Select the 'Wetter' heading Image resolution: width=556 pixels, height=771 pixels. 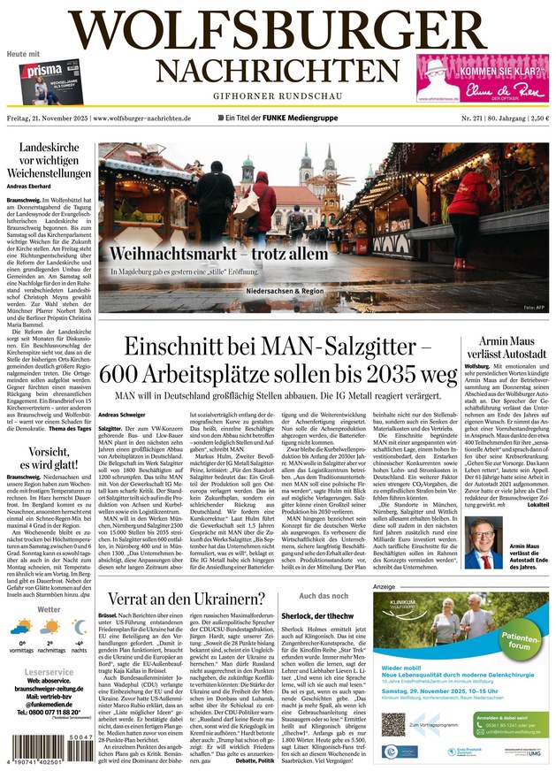click(49, 609)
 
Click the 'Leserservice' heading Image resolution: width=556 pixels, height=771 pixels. click(49, 673)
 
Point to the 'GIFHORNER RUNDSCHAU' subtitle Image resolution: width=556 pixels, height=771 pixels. click(278, 96)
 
